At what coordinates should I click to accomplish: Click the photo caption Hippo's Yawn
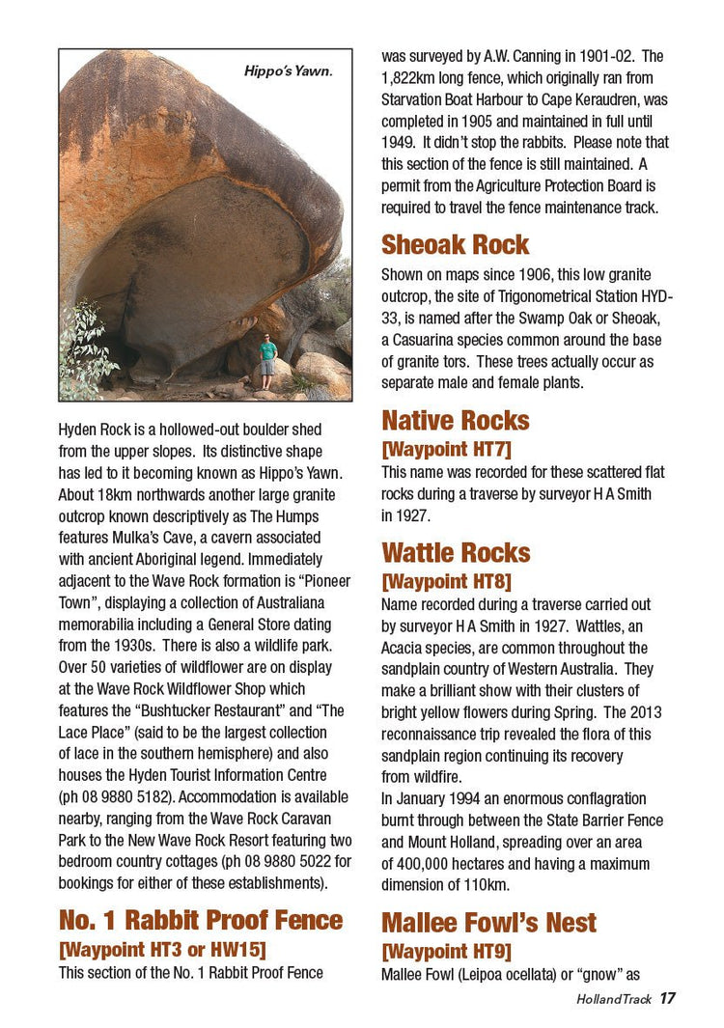coord(287,70)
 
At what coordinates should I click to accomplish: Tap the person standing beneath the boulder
coord(267,360)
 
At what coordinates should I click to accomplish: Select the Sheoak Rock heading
coord(455,244)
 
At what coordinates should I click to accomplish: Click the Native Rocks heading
coord(455,421)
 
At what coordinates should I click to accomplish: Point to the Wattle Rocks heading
coord(456,553)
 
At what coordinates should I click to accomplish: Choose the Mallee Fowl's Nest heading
coord(488,923)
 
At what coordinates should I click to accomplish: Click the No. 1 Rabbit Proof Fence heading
coord(201,920)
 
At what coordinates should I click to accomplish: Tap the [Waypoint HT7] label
coord(446,449)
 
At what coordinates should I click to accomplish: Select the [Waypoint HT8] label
coord(446,581)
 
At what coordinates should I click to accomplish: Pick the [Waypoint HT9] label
coord(446,951)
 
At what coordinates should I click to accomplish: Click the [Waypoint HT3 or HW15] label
coord(162,949)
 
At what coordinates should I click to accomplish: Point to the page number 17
coord(668,999)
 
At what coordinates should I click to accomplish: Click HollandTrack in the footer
coord(614,1000)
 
